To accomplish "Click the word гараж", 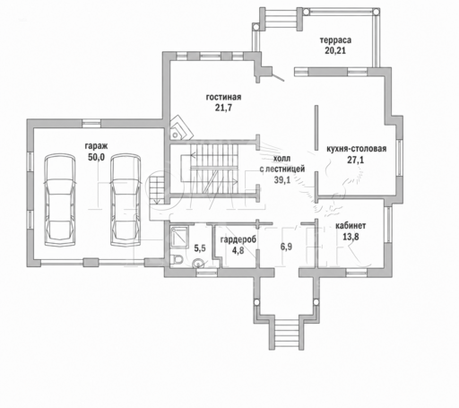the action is (96, 146).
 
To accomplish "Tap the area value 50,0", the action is (96, 157).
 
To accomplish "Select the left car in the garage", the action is (60, 200).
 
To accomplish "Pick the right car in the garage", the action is (126, 200).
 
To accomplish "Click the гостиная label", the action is (223, 97).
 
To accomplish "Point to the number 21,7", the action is (223, 108).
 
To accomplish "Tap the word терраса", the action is (335, 40).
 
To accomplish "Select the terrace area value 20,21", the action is (335, 50).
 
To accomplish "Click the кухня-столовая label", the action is (356, 149).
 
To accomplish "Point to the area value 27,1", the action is (356, 160).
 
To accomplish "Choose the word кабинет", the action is (351, 226).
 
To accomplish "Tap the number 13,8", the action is (351, 237).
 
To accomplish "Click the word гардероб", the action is (238, 239).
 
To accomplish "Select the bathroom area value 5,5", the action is (200, 247).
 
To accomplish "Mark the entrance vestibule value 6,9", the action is (286, 247).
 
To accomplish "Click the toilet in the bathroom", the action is (178, 259).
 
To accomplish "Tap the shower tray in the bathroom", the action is (179, 237).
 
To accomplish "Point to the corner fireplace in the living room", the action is (180, 128).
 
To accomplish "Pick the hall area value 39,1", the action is (282, 179).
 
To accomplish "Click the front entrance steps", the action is (286, 334).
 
